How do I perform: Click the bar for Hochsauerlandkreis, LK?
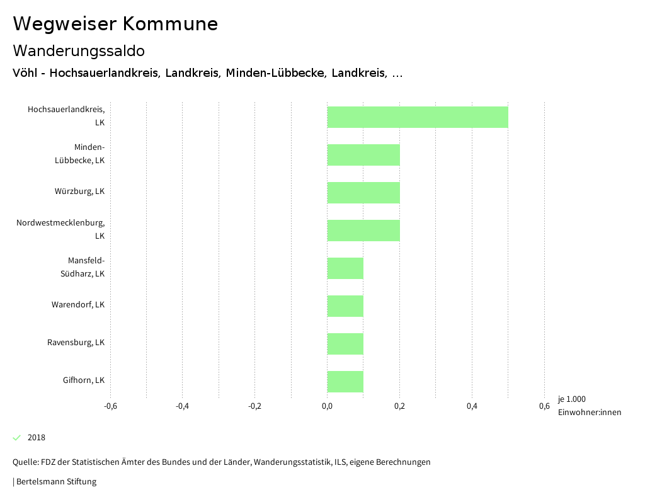click(x=417, y=117)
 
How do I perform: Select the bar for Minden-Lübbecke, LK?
click(x=363, y=155)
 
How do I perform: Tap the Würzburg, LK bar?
click(x=363, y=193)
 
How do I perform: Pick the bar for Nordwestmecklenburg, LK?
click(x=363, y=231)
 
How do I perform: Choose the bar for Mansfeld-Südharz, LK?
click(x=345, y=268)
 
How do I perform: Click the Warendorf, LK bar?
click(x=345, y=306)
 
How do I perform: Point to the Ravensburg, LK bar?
click(x=345, y=344)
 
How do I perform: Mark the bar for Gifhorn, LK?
click(x=345, y=382)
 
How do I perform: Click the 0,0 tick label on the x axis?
click(x=327, y=406)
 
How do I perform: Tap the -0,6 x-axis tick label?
click(x=110, y=406)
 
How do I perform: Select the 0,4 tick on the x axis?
click(x=472, y=406)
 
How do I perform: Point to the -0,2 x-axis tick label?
click(x=254, y=406)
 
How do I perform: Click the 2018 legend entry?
click(x=36, y=438)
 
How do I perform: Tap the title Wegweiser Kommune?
click(x=115, y=24)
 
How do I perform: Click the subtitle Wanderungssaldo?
click(x=79, y=50)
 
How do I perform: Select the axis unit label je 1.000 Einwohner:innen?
click(x=589, y=406)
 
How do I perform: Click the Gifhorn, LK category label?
click(x=84, y=380)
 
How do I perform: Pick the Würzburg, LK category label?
click(x=79, y=191)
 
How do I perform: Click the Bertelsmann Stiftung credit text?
click(x=55, y=482)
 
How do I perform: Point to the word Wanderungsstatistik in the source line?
click(x=292, y=462)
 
